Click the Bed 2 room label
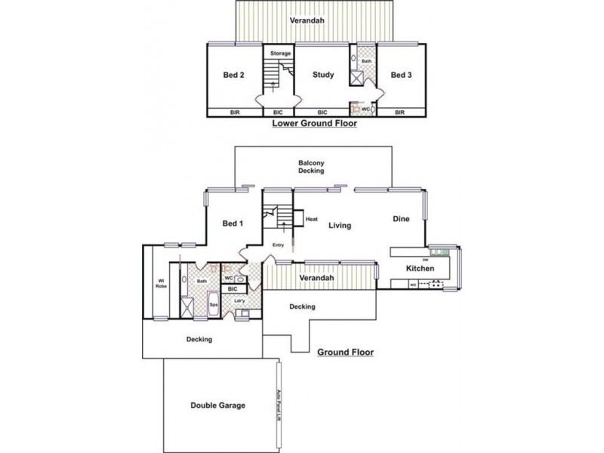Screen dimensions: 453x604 click(x=233, y=75)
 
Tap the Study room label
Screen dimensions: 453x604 click(x=323, y=75)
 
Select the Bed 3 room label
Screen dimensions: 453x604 click(x=400, y=75)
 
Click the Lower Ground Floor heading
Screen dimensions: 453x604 click(x=313, y=126)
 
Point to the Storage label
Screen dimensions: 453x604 click(x=280, y=53)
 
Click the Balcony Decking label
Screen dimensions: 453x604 click(x=311, y=167)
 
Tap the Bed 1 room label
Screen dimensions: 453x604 click(x=233, y=223)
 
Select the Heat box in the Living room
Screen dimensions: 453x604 click(x=312, y=219)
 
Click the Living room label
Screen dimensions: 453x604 click(x=339, y=225)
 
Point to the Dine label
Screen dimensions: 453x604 click(x=400, y=219)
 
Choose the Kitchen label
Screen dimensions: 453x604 click(x=420, y=269)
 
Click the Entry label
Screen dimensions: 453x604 click(x=278, y=245)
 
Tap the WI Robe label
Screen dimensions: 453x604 click(x=161, y=285)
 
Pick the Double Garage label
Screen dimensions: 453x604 click(x=217, y=405)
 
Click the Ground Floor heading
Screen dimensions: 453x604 click(x=345, y=353)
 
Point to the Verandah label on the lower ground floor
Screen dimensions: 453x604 click(x=311, y=20)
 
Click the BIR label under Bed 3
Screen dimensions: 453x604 click(x=400, y=112)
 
